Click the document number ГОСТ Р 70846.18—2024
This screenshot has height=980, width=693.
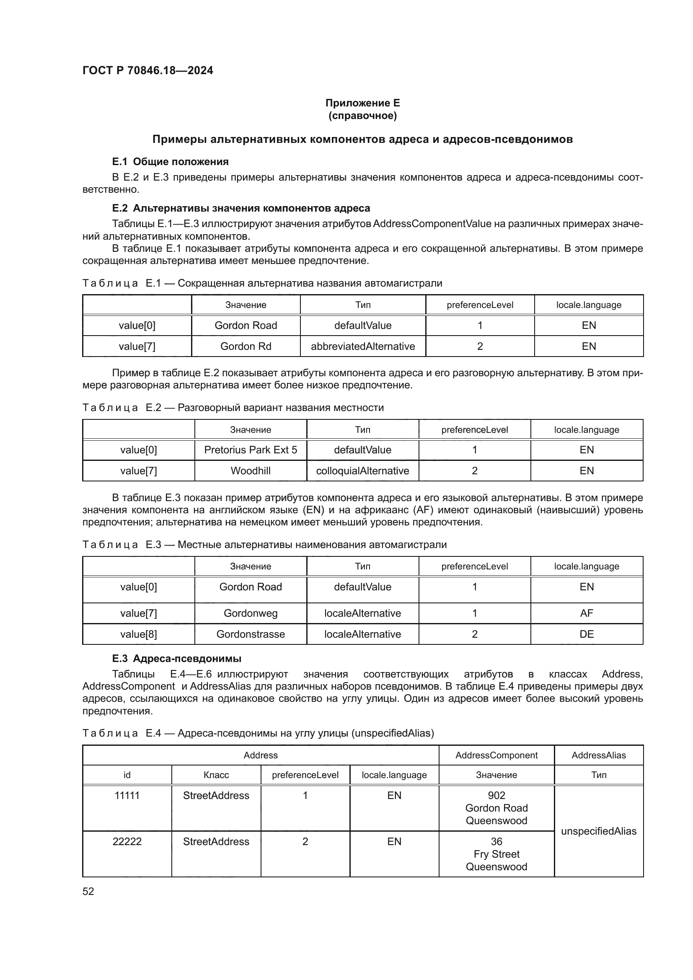pos(147,70)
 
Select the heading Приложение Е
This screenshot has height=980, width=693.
pos(362,103)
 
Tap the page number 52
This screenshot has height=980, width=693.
pos(88,891)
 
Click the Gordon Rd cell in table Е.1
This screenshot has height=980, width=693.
pos(246,346)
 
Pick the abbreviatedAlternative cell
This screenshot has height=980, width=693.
pos(363,346)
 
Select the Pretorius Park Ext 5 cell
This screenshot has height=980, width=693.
pos(251,450)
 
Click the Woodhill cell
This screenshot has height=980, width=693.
pos(251,471)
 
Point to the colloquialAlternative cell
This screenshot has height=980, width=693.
pos(362,471)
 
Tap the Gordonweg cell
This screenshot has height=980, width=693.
pos(251,613)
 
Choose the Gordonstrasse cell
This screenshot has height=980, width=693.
pos(251,634)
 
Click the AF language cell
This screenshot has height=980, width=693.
pos(586,613)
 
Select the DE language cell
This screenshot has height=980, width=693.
pos(586,634)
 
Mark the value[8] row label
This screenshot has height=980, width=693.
pos(138,634)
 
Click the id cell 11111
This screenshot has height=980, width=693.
pos(127,796)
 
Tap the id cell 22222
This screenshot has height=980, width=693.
pos(127,842)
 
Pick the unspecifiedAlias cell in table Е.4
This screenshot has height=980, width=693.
pos(598,831)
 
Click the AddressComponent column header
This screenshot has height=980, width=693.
pos(496,755)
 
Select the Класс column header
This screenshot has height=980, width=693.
pos(216,775)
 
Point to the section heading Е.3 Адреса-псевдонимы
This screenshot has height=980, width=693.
pos(177,659)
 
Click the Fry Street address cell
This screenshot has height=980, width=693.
pos(496,854)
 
